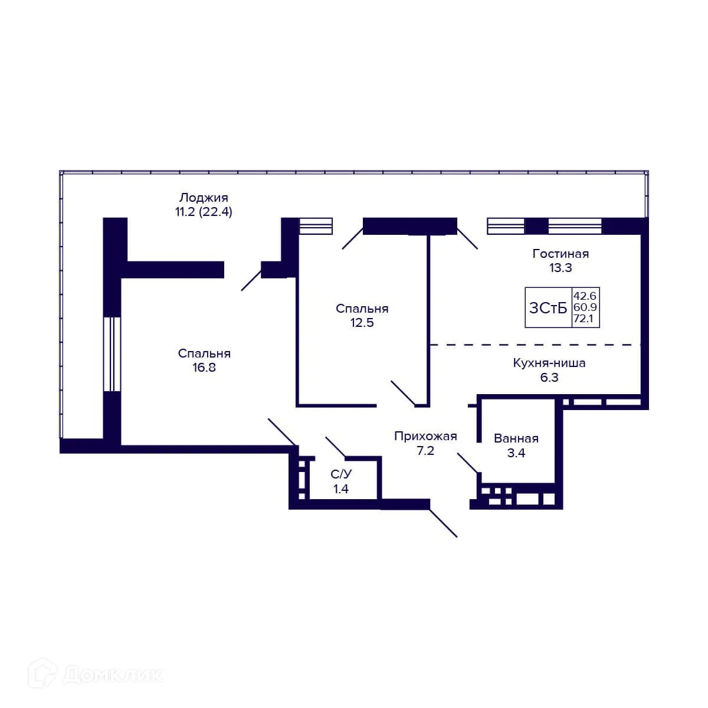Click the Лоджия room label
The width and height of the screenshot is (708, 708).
(204, 198)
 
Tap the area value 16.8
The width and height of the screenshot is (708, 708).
(204, 368)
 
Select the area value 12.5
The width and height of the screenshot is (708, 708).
(362, 323)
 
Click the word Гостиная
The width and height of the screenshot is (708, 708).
(560, 254)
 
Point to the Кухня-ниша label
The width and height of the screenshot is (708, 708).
(549, 363)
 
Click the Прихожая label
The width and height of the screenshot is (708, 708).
(425, 436)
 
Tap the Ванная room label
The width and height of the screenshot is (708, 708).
(516, 438)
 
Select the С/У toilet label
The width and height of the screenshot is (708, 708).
(341, 474)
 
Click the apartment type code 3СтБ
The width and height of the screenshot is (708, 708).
(548, 308)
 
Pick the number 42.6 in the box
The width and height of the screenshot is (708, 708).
(585, 296)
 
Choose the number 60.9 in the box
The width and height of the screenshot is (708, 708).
(585, 307)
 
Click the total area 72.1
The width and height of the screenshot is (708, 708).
(584, 319)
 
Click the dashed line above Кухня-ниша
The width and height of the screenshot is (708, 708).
(536, 345)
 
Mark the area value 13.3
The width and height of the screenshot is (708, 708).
(560, 268)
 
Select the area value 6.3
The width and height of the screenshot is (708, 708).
(549, 378)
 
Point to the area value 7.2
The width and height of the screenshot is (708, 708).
(425, 450)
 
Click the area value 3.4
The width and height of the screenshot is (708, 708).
(516, 453)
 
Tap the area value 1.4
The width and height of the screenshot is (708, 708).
(341, 489)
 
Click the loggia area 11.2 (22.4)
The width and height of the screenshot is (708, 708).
(204, 212)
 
